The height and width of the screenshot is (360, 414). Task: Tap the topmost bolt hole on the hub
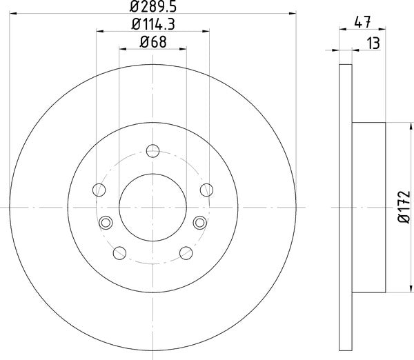153,150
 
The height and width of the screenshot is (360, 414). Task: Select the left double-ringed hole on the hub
106,221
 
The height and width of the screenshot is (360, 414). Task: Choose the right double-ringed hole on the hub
199,221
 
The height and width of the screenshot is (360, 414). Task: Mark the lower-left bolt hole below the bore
119,252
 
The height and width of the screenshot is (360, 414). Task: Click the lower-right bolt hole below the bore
185,252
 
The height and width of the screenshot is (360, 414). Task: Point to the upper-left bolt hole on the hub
99,190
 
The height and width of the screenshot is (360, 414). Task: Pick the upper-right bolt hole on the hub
206,190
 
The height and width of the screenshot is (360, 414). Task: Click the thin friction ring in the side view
347,207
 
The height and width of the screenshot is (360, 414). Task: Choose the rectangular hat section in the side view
368,207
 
